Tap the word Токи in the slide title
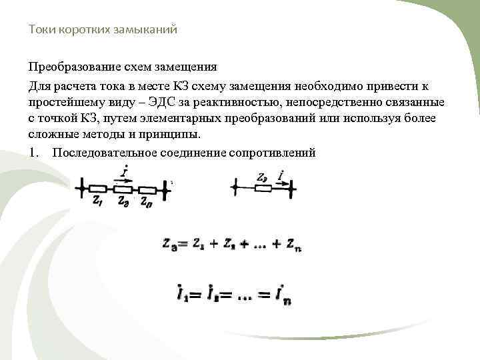(x=40, y=30)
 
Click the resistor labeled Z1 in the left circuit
(x=99, y=189)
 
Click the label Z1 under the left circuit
(x=98, y=199)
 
